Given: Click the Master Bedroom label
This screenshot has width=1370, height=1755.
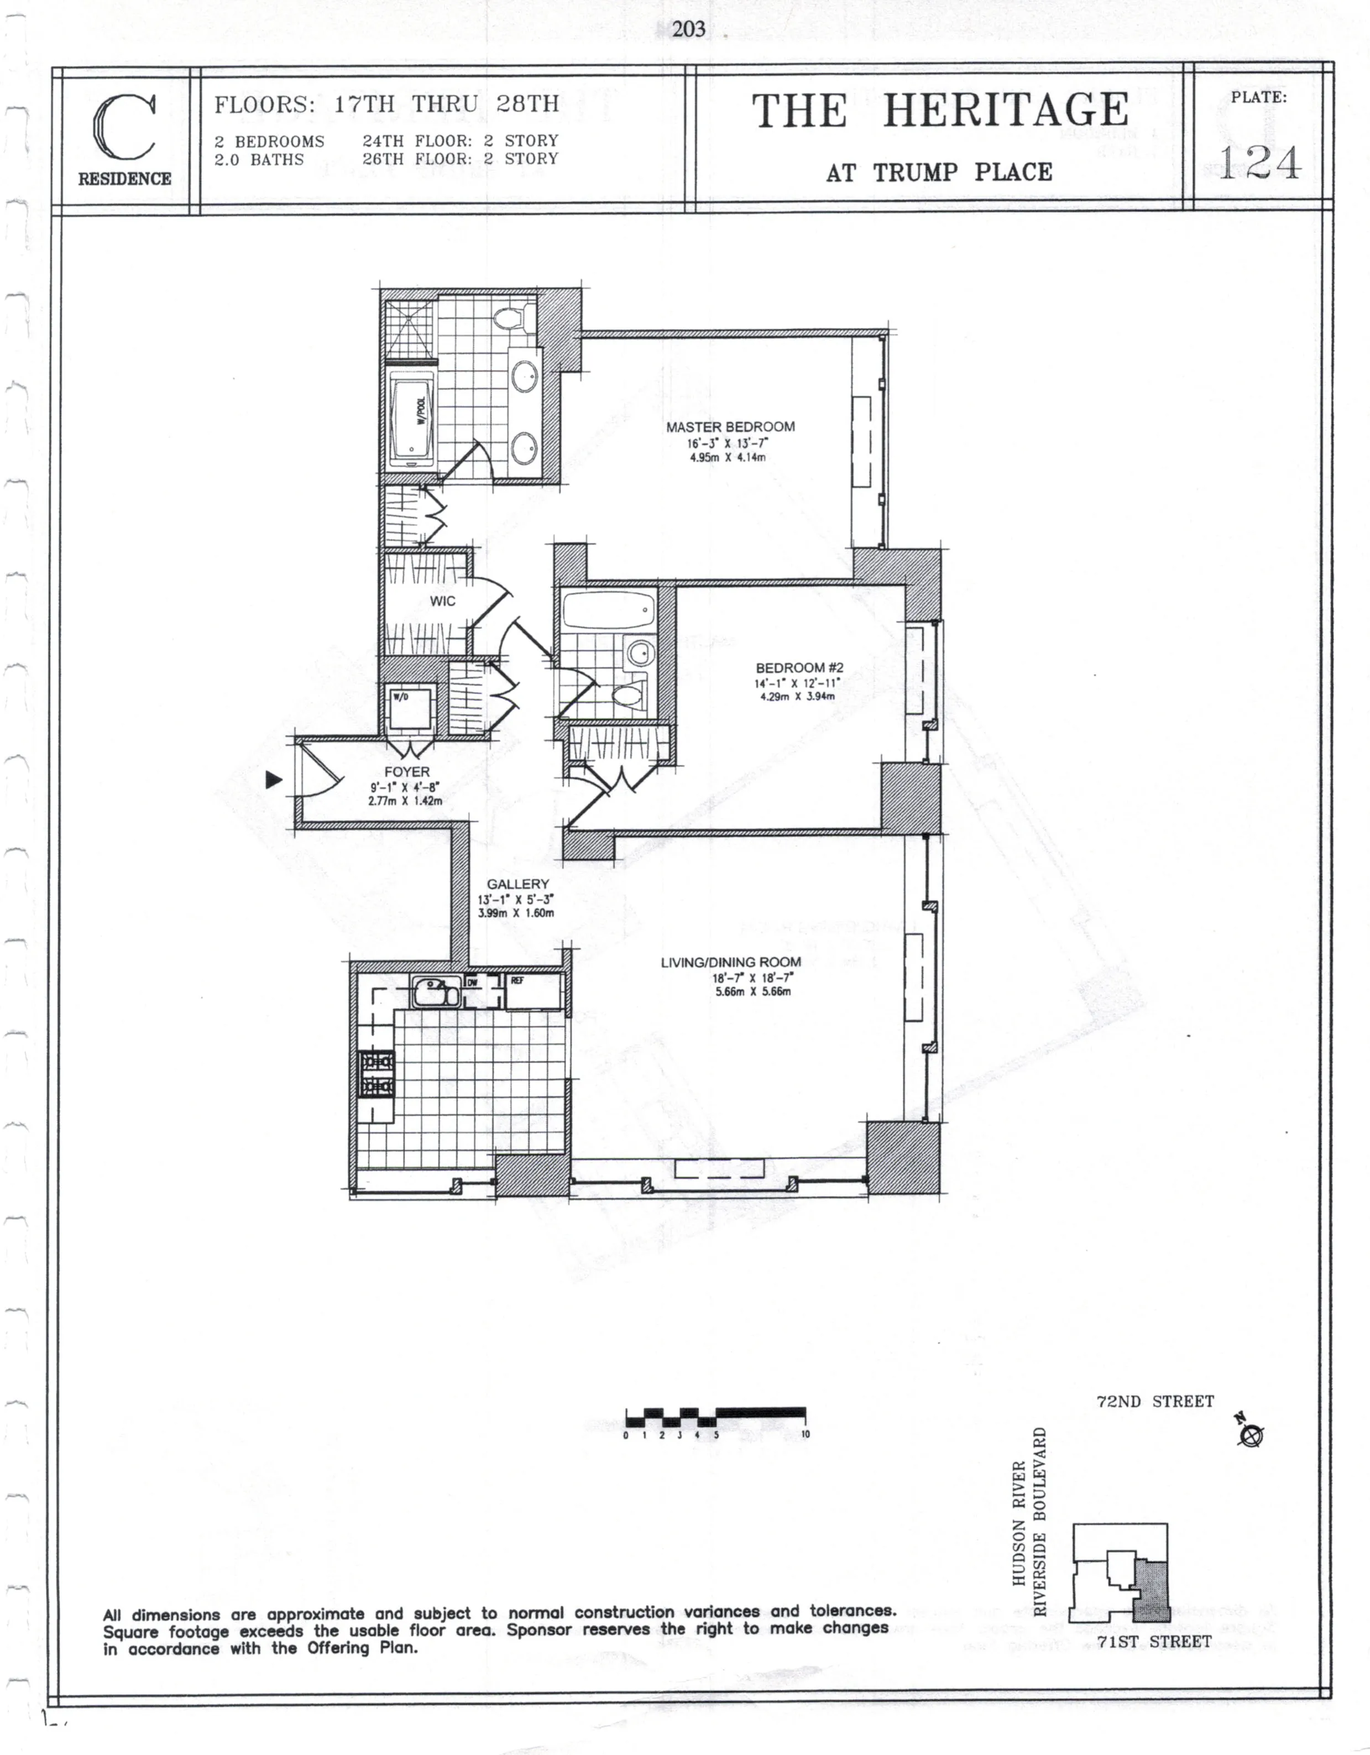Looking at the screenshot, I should (x=730, y=427).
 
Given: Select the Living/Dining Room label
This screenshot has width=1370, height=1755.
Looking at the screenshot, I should (x=730, y=962).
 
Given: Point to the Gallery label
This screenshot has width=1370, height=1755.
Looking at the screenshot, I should (x=517, y=884).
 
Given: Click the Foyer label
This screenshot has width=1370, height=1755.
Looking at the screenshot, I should (x=406, y=771).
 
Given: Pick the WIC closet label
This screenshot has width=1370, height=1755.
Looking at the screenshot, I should (x=442, y=601).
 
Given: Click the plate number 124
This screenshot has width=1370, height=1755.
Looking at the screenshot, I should (x=1258, y=163).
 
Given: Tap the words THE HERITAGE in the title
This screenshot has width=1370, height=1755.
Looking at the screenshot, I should (x=939, y=111).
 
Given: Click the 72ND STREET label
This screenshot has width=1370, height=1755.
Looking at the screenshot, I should (x=1154, y=1402).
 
